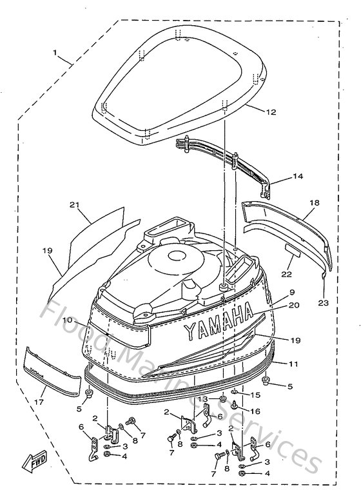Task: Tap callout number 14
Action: tap(298, 175)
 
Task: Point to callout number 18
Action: tap(313, 202)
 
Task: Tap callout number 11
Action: tap(293, 364)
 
